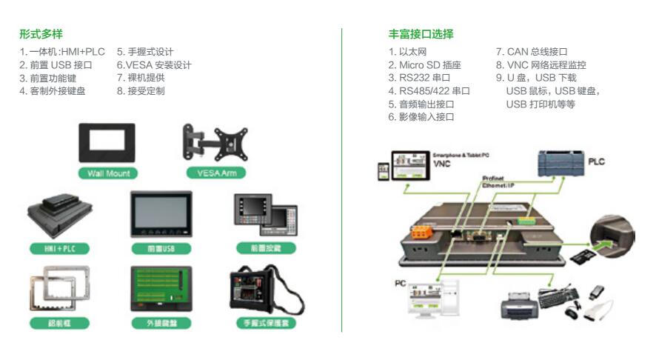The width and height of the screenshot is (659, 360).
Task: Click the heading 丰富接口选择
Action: coord(421,35)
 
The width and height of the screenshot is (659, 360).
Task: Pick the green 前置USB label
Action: coord(161,249)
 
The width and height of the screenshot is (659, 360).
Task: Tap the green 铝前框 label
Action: coord(58,323)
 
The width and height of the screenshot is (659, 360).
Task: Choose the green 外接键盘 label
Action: coord(160,323)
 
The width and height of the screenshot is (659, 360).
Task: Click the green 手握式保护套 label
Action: coord(264,323)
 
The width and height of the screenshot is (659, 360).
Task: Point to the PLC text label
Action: coord(596,161)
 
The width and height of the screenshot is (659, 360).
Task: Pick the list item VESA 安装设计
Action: coord(154,65)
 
